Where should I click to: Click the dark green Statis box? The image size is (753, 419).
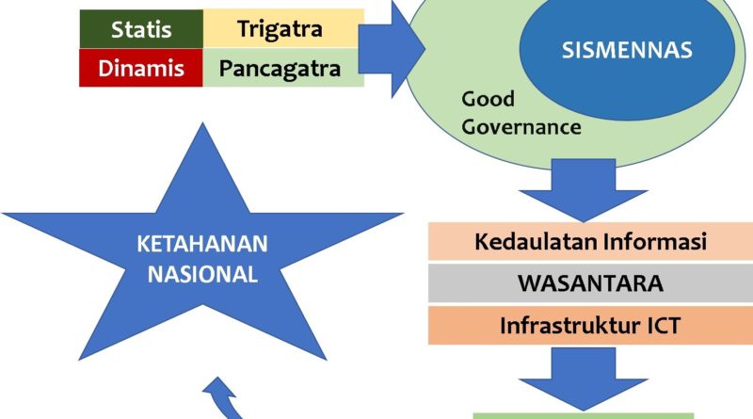point(141,28)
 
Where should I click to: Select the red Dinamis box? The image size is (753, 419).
point(141,68)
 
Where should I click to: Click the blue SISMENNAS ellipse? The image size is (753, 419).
point(626,51)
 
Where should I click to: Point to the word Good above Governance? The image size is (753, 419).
point(486,99)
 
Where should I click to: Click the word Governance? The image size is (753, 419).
point(521,126)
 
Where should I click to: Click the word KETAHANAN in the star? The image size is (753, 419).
point(201,245)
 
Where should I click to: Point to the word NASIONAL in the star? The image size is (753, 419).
point(201,275)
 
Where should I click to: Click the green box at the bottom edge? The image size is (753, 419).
point(583,414)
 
